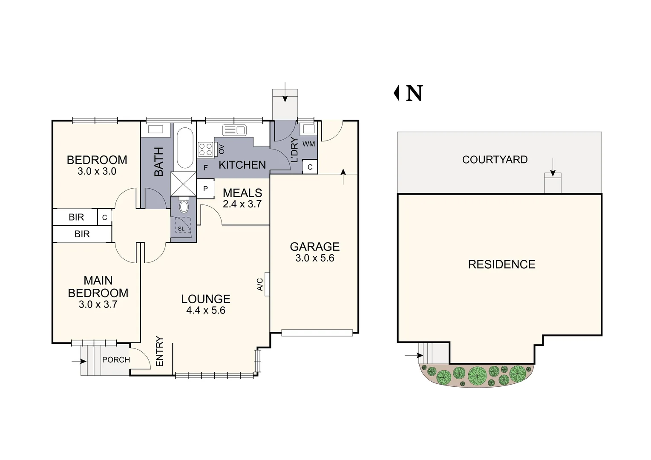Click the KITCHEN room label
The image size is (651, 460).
click(x=242, y=165)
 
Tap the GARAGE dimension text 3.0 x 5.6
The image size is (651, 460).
click(x=315, y=258)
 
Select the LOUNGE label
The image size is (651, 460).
click(x=206, y=299)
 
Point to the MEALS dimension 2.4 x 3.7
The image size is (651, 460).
click(x=242, y=204)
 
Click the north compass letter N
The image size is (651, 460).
click(x=414, y=93)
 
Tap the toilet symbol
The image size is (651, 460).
click(x=184, y=206)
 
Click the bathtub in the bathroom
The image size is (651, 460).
click(x=184, y=148)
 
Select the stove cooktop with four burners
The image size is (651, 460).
click(x=205, y=150)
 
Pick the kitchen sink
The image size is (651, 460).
click(x=234, y=130)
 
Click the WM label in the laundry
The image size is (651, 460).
click(x=308, y=144)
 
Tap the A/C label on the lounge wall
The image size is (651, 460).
click(x=260, y=285)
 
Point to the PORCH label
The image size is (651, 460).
click(x=116, y=360)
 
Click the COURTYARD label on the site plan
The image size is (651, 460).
click(x=495, y=160)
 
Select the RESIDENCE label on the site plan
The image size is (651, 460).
click(x=501, y=264)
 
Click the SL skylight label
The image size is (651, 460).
click(x=181, y=229)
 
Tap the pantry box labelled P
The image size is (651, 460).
click(x=205, y=189)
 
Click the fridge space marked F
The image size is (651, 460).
click(x=205, y=168)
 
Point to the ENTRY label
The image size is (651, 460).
click(x=160, y=351)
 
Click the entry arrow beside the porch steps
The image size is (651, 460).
click(x=76, y=362)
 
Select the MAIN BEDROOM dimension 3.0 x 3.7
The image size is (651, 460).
click(x=98, y=305)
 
